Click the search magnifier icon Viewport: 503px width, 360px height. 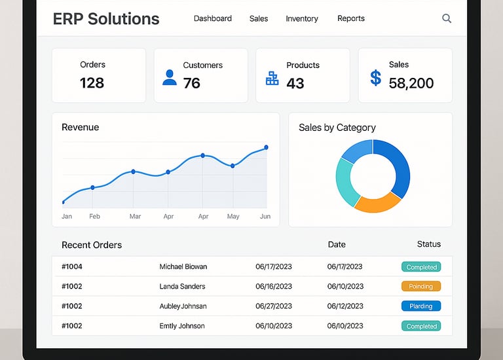coord(447,18)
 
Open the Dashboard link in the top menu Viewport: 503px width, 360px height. coord(213,18)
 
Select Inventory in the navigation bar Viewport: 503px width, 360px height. coord(302,18)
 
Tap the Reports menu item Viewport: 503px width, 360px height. coord(351,18)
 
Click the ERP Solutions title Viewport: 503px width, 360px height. coord(106,18)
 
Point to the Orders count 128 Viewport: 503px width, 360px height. coord(92,82)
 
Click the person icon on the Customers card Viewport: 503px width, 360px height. coord(170,78)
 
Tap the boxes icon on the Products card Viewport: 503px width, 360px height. coord(272,79)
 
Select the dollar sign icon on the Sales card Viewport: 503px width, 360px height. coord(375,78)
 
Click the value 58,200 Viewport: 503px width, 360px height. coord(411,83)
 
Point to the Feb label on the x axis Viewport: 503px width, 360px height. coord(95,216)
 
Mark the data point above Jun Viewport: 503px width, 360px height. coord(266,147)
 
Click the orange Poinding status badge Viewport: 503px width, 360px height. coord(421,286)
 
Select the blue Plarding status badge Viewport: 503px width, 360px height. coord(421,306)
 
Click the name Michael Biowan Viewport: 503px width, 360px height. coord(183,266)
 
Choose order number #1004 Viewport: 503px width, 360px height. coord(72,266)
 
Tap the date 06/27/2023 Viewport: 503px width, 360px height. coord(274,306)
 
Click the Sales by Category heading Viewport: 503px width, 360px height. coord(337,128)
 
